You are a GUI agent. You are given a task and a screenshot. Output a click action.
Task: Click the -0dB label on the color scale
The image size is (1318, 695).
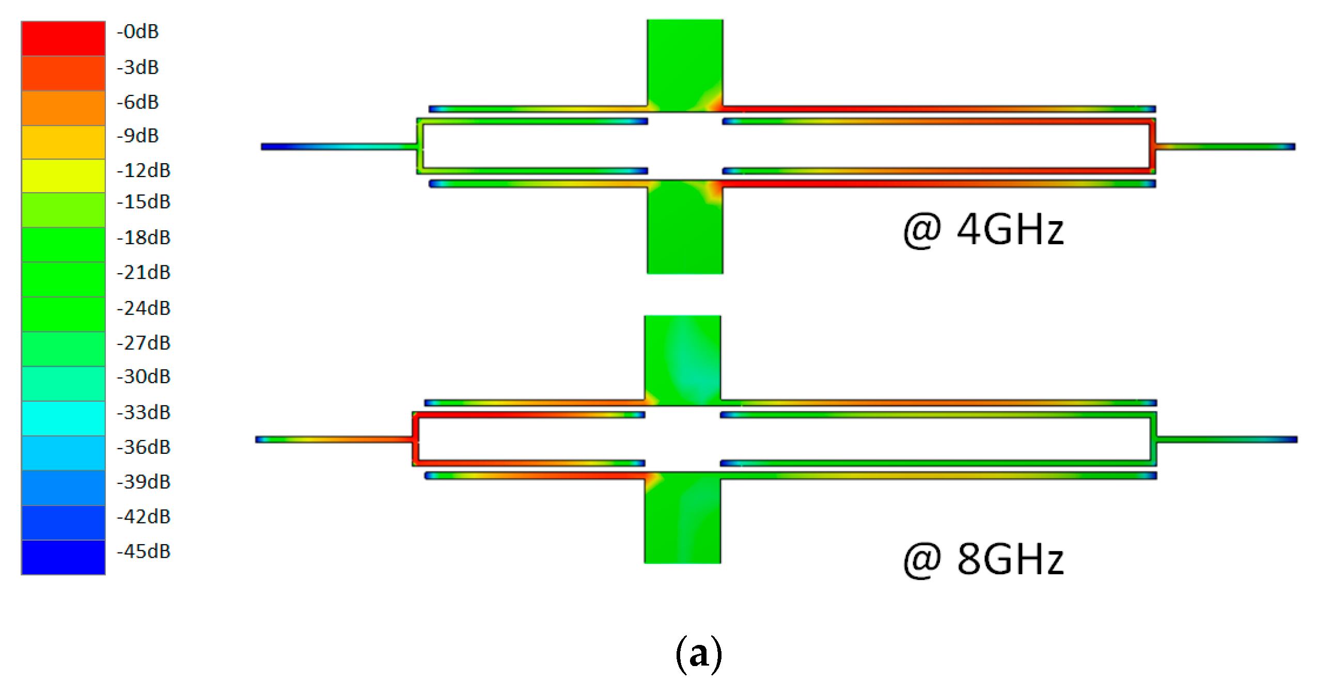pos(137,32)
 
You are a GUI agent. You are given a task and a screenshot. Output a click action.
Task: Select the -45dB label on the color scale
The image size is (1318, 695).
pos(144,551)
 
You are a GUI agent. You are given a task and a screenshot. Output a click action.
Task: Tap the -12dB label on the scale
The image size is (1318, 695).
pos(144,170)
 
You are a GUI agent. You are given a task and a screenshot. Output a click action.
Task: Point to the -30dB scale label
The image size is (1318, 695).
pos(144,376)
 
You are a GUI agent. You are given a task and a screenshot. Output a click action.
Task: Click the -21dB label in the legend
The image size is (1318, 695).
pos(144,272)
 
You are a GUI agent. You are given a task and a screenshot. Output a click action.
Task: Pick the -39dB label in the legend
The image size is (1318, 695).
pos(144,482)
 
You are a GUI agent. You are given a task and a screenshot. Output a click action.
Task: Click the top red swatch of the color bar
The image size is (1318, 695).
pos(63,38)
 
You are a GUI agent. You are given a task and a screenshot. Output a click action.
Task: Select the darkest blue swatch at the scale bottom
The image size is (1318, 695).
pos(63,557)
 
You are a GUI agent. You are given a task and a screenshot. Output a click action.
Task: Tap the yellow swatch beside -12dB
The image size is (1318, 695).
pos(63,176)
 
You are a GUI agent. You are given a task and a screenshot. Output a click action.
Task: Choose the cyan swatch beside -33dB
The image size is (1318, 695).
pos(63,418)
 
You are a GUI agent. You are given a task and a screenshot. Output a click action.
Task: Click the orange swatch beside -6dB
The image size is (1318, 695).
pos(63,108)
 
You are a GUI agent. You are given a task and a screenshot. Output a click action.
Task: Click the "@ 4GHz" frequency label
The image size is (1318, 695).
pos(983,230)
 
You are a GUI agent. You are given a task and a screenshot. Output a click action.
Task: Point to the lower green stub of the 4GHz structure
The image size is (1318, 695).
pos(685,230)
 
